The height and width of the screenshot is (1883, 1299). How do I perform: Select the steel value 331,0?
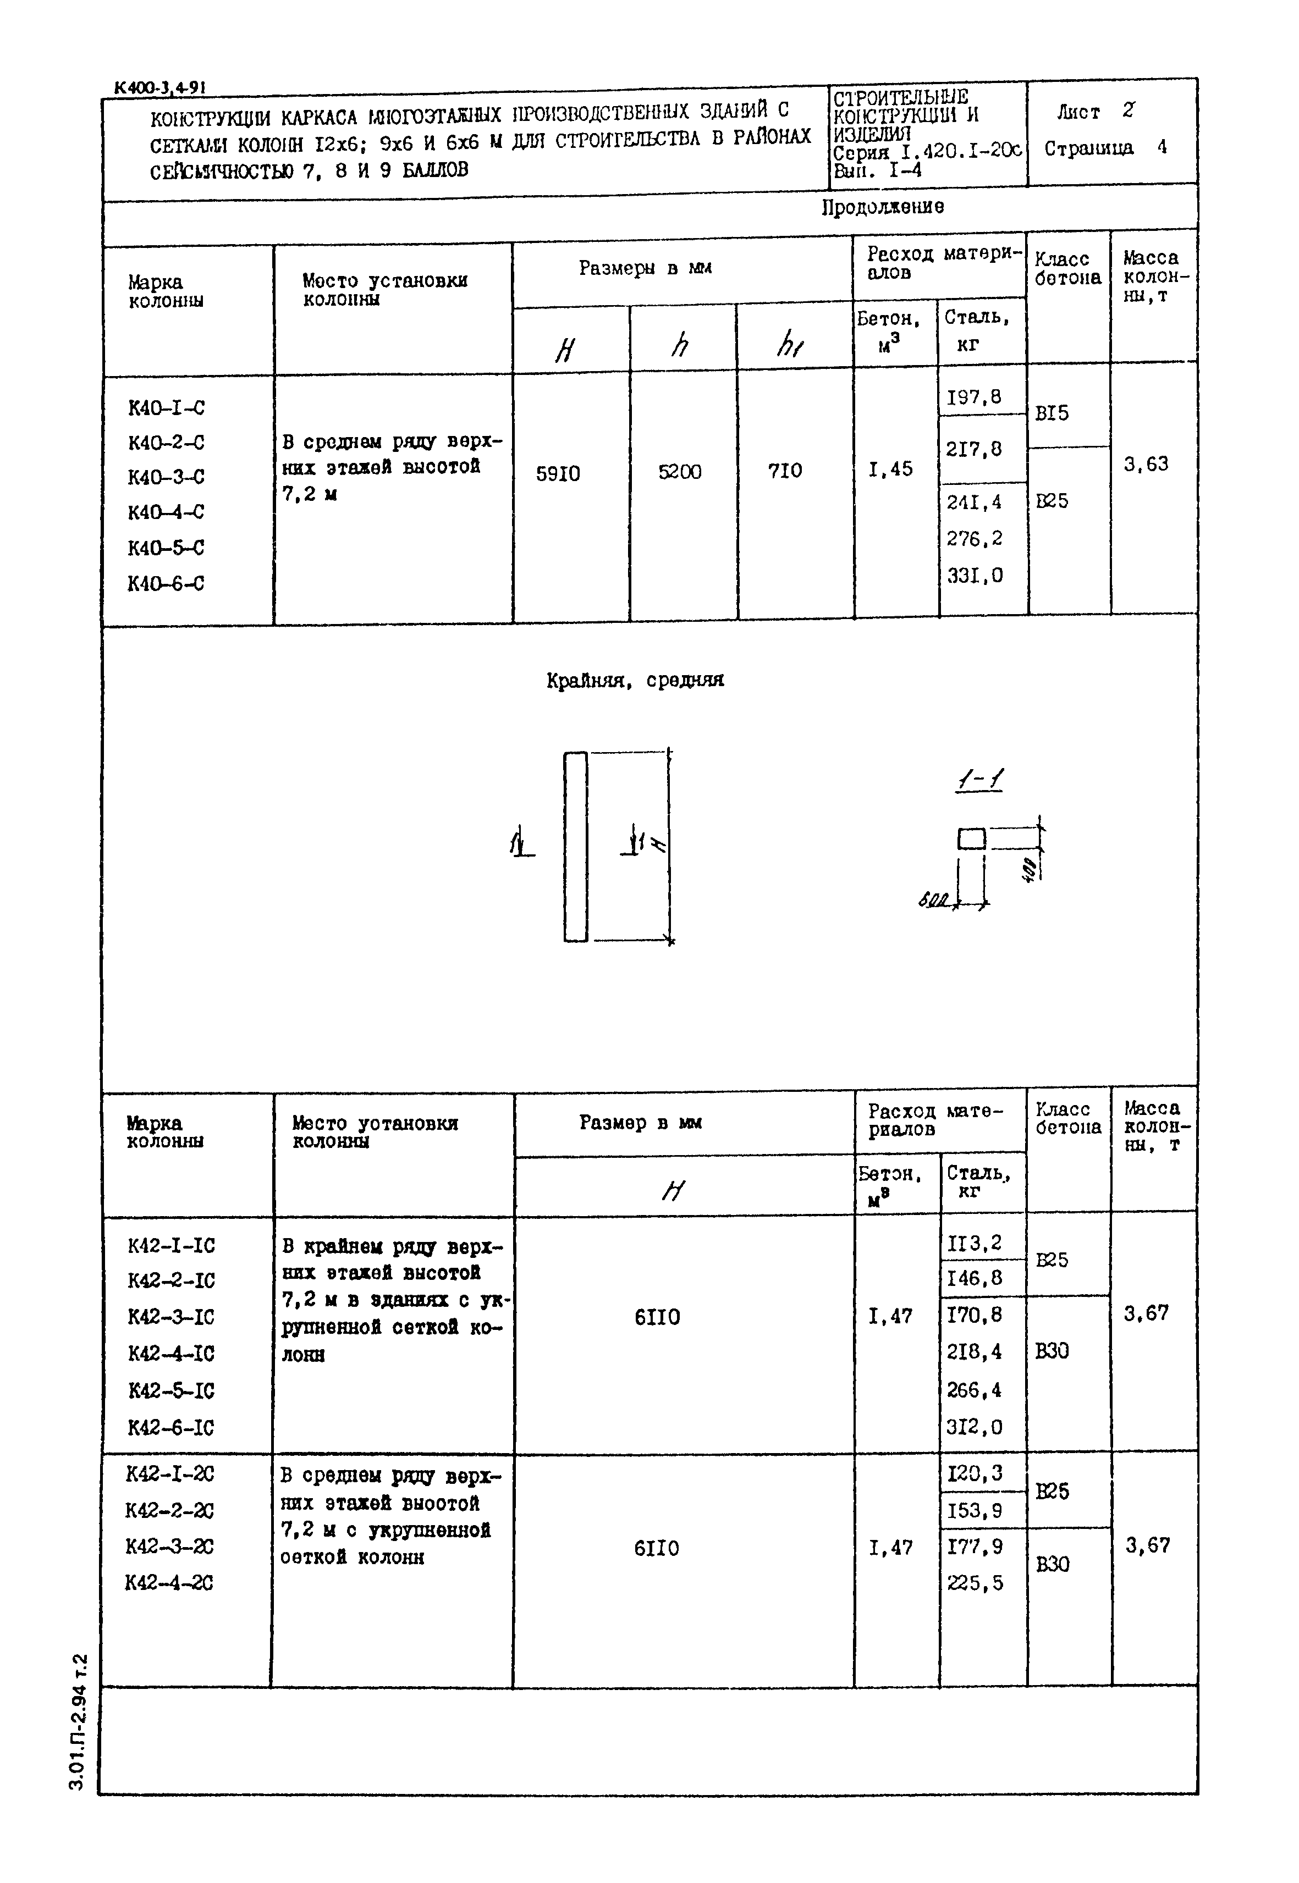[x=975, y=576]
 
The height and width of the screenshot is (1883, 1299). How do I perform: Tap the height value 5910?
[x=558, y=473]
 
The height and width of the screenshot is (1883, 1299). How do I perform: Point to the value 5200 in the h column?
[x=680, y=472]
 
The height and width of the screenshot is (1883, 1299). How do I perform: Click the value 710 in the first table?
[x=785, y=471]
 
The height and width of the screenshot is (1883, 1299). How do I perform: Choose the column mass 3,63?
[x=1146, y=465]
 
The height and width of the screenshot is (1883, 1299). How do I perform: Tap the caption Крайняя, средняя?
[x=635, y=680]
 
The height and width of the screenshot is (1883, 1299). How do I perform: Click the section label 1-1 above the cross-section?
[x=979, y=782]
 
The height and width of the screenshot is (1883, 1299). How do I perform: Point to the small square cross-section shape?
[x=972, y=838]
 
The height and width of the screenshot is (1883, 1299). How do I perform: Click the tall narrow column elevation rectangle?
[x=575, y=846]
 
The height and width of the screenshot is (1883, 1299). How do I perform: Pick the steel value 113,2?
[x=975, y=1244]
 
